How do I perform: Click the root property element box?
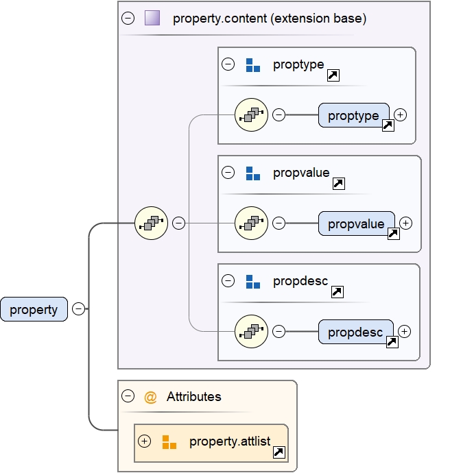click(x=34, y=309)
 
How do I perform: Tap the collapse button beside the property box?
click(x=79, y=309)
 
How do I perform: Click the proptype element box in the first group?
click(x=353, y=115)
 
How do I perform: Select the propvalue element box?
click(x=356, y=223)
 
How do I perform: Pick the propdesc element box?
click(x=355, y=332)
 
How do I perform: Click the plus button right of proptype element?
click(x=401, y=115)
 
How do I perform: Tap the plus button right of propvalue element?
click(x=406, y=223)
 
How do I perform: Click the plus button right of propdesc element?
click(x=405, y=332)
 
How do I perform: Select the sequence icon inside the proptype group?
click(x=251, y=115)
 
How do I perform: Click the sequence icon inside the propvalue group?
click(x=251, y=223)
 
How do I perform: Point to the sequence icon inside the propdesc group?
click(x=251, y=332)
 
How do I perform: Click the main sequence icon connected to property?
click(x=152, y=223)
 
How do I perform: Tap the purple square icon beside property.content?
click(x=152, y=19)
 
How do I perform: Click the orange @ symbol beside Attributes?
click(x=151, y=396)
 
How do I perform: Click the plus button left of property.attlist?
click(x=144, y=441)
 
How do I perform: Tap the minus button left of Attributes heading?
click(x=128, y=396)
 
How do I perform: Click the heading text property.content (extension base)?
click(x=270, y=19)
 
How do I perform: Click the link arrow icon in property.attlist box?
click(x=279, y=452)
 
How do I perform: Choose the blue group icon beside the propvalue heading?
click(x=253, y=173)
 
